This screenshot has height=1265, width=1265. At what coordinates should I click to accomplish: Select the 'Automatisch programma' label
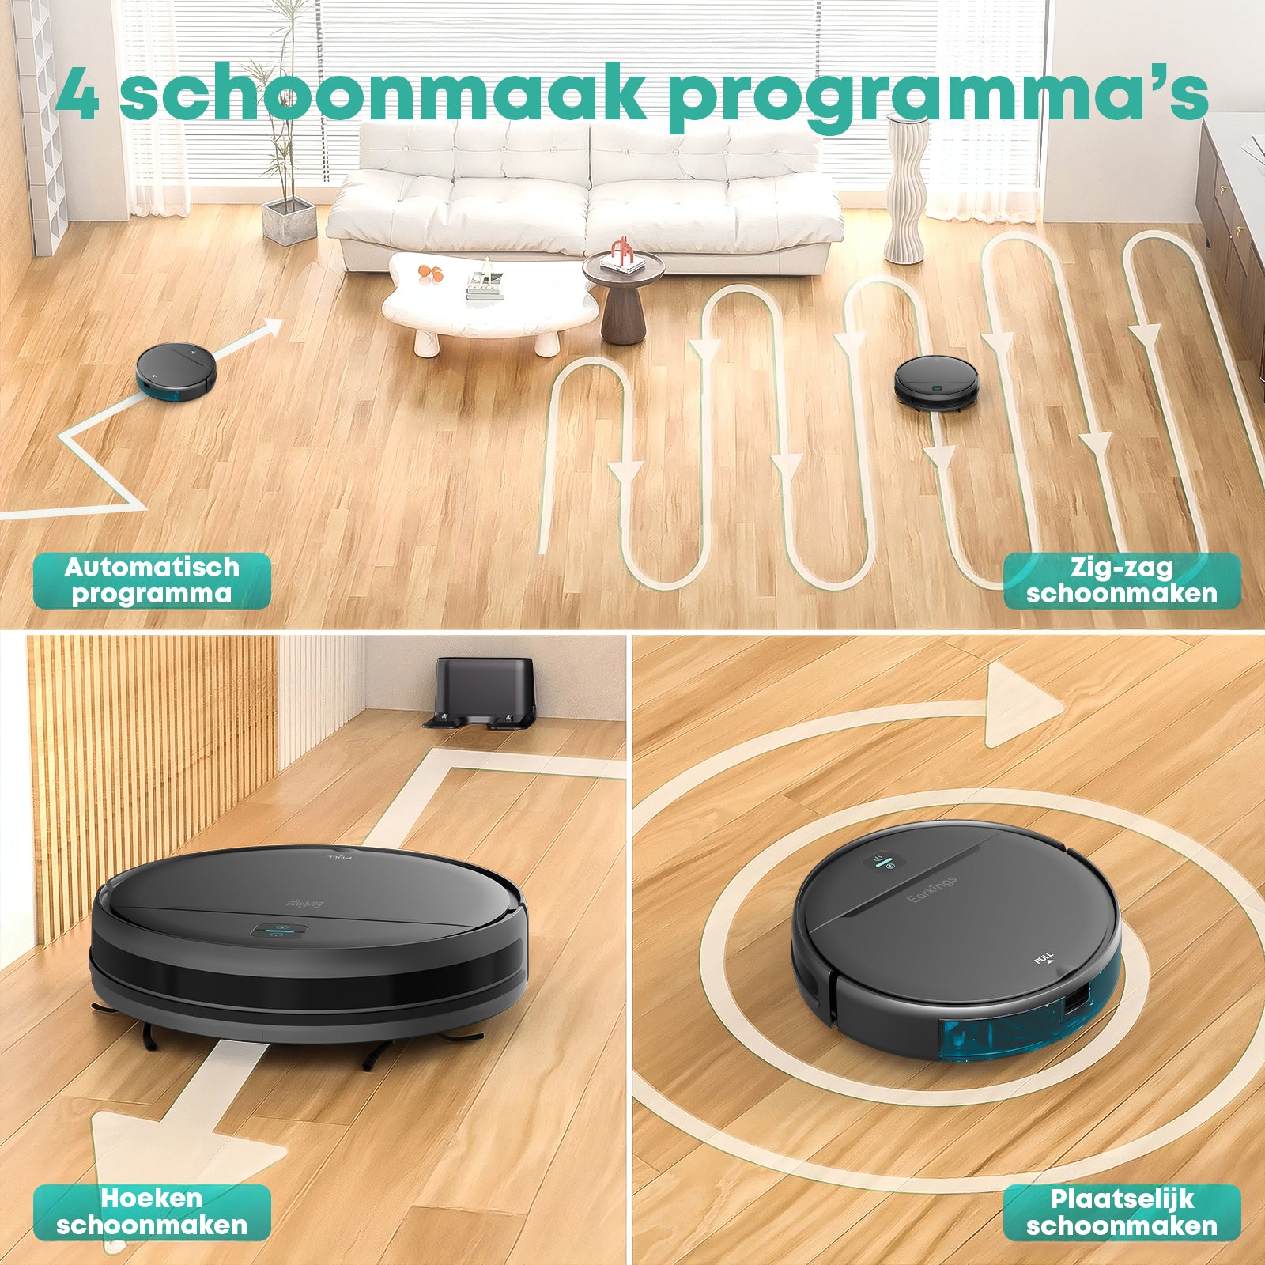(152, 580)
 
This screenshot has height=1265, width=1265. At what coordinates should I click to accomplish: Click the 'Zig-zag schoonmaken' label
(1122, 580)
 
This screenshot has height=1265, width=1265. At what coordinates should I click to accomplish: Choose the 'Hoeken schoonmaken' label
(152, 1212)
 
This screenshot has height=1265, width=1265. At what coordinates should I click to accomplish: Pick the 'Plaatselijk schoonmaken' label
(1122, 1212)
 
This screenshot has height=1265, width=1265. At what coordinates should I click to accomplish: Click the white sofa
(585, 198)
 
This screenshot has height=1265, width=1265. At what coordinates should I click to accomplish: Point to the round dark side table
(623, 296)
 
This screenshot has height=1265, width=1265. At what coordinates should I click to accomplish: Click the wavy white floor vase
(906, 190)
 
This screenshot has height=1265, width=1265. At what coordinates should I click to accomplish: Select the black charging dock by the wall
(482, 692)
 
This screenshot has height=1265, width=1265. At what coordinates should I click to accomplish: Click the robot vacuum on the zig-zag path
(936, 383)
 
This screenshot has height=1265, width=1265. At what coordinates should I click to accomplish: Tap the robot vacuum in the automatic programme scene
(176, 370)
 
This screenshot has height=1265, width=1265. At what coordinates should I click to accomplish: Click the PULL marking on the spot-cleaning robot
(1044, 960)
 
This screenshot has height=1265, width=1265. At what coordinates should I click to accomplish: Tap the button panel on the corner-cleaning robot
(279, 931)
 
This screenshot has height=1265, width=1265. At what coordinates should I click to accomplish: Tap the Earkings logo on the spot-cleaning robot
(933, 889)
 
